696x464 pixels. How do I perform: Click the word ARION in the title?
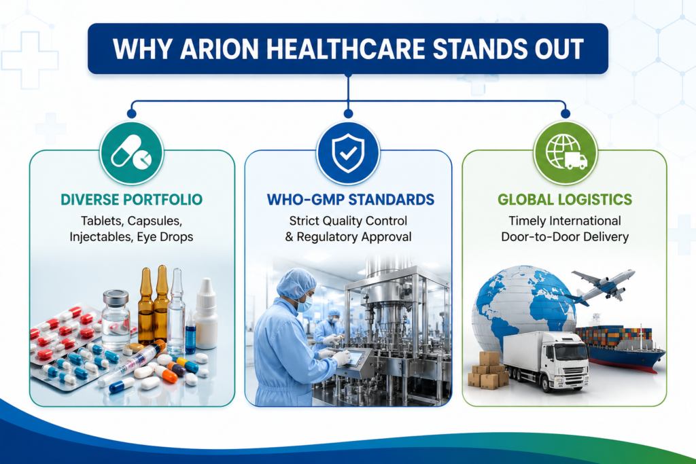click(220, 49)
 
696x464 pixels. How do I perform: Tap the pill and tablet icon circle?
click(131, 154)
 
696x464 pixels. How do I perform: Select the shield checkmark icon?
click(348, 154)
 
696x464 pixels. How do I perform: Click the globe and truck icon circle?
click(565, 154)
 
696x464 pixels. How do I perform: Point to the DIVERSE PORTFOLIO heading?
click(131, 200)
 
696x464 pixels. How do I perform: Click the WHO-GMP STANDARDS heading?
click(350, 200)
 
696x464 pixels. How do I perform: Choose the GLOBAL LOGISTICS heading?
click(565, 200)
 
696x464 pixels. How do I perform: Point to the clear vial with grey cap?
click(116, 319)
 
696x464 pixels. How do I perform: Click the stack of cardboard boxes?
click(488, 370)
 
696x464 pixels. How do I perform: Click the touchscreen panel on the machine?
click(359, 357)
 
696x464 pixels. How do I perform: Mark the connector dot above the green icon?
click(565, 113)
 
